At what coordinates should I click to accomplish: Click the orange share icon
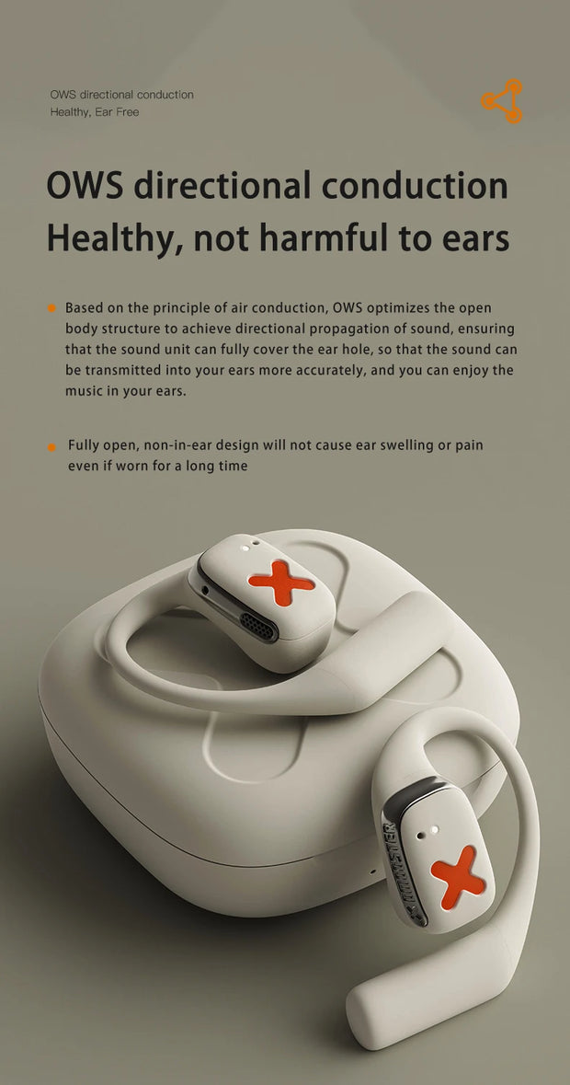coord(502,101)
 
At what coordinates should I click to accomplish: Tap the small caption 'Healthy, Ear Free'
coord(95,112)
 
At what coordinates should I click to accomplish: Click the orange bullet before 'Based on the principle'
coord(51,308)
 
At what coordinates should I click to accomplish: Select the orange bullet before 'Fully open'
coord(51,447)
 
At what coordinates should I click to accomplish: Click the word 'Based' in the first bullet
coord(82,307)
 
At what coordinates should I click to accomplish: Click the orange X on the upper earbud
coord(281,583)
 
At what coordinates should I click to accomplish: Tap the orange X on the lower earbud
coord(458,877)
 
